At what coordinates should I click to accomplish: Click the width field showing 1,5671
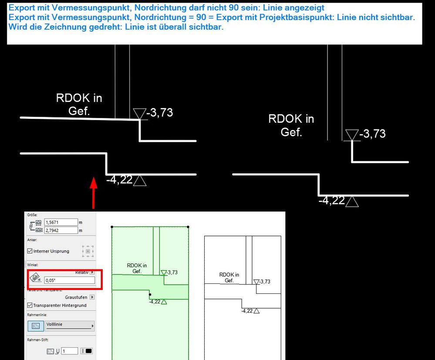click(61, 222)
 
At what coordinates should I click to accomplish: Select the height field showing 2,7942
click(61, 230)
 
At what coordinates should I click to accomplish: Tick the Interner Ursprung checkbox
click(30, 251)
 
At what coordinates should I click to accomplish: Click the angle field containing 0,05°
click(69, 280)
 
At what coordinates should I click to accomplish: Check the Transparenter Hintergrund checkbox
click(30, 306)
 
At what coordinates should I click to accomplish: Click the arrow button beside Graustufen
click(92, 297)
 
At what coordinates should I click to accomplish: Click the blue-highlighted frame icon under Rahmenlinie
click(36, 326)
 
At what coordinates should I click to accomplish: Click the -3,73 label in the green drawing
click(172, 273)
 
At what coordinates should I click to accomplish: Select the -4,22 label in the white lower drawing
click(247, 311)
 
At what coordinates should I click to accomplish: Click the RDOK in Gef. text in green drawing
click(137, 268)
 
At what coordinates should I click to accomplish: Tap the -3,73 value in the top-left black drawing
click(159, 113)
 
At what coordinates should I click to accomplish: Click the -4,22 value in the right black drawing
click(331, 201)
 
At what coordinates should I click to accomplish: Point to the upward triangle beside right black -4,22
click(352, 202)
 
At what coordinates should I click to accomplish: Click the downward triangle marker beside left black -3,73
click(139, 114)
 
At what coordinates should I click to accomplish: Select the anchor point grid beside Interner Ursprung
click(88, 251)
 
